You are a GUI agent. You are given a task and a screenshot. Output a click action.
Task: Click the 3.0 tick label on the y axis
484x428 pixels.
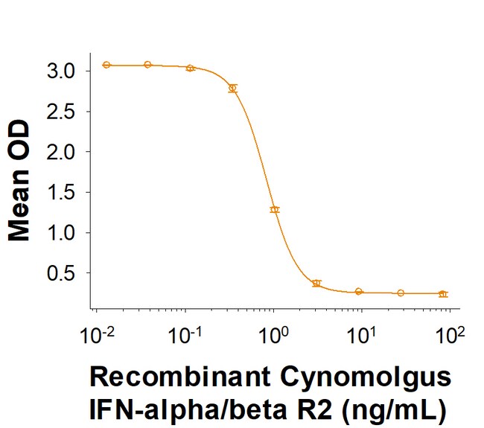coord(61,71)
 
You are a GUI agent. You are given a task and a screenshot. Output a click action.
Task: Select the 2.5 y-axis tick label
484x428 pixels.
coord(61,112)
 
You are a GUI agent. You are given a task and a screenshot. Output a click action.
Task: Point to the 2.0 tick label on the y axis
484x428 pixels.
coord(61,152)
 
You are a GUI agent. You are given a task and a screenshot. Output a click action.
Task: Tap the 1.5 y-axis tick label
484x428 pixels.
coord(61,192)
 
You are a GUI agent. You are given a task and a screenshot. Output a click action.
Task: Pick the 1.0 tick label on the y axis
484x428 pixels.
coord(61,233)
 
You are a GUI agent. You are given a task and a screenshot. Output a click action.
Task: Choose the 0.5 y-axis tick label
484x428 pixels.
coord(61,273)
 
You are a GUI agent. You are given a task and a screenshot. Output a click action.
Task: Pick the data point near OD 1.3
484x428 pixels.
coord(275,210)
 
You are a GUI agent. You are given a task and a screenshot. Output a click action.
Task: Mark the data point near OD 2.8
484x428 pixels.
coord(232,88)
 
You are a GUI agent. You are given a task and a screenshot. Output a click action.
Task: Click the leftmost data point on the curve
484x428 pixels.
coord(106,65)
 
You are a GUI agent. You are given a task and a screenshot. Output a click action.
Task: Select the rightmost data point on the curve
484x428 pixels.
coord(443,294)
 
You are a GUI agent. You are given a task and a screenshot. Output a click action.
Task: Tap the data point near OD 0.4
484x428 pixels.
coord(316,283)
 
